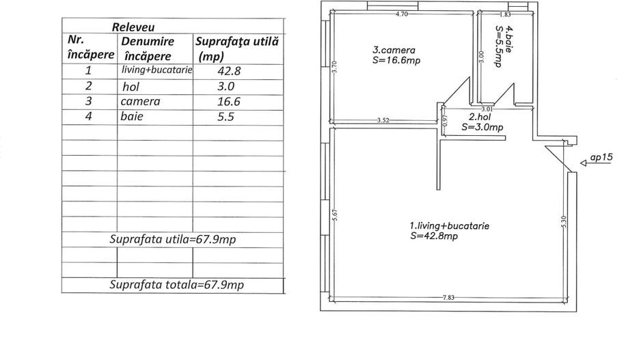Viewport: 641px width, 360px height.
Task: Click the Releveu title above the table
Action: pos(133,27)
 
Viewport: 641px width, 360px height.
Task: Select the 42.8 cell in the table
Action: pos(229,71)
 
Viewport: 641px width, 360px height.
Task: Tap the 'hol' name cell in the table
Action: pos(131,87)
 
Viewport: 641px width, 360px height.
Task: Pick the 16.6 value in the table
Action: pos(228,101)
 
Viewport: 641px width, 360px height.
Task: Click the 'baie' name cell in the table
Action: pos(132,116)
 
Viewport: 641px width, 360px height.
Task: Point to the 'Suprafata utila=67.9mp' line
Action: pos(172,239)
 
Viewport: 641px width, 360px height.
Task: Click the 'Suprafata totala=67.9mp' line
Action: pos(176,284)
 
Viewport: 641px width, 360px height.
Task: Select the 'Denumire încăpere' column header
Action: pos(148,49)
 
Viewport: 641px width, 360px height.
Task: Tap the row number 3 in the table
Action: pos(89,101)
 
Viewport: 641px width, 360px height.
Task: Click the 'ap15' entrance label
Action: pos(601,157)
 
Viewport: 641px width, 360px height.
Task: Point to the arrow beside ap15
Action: pos(596,163)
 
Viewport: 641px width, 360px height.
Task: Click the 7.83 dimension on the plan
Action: pos(448,297)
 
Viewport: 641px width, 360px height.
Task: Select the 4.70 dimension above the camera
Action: pos(402,14)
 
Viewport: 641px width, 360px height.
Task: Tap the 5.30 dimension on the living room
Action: pos(564,221)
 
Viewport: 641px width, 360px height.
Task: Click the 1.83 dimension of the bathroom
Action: pos(505,14)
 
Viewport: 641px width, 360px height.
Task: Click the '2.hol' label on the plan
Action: pos(480,117)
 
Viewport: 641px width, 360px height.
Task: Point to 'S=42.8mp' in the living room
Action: pos(434,236)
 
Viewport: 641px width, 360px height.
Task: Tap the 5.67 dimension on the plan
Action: pos(334,215)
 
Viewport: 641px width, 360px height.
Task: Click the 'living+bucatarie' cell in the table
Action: pos(157,70)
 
